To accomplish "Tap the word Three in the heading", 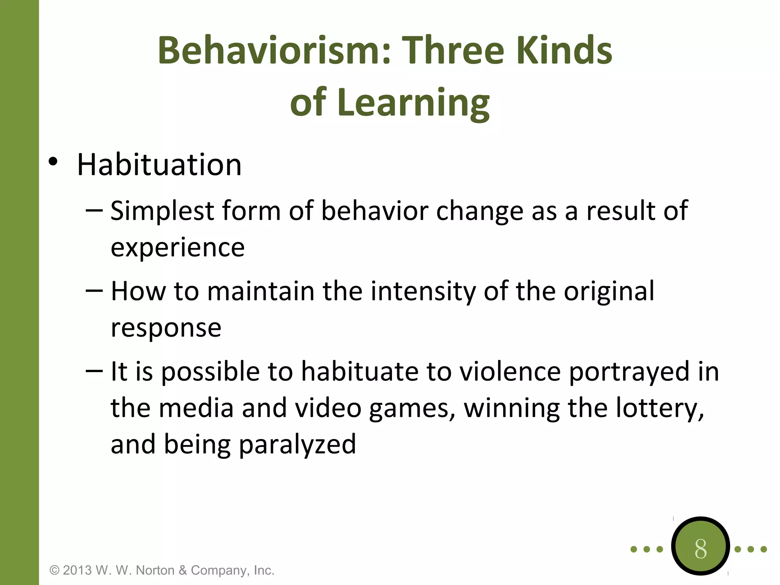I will (x=453, y=50).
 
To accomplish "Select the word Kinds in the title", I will (x=564, y=50).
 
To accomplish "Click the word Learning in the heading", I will (x=413, y=102).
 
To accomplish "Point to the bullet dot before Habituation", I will (x=53, y=162).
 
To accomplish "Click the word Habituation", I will (x=159, y=165).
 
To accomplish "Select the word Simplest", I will (x=162, y=211).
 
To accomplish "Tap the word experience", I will (x=177, y=248).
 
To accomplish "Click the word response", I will (x=166, y=328).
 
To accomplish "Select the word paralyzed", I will (x=297, y=444).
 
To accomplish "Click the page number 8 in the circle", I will (x=700, y=549).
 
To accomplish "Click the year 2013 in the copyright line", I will (x=77, y=570).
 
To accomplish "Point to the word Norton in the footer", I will (x=155, y=570).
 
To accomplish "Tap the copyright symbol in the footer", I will (x=54, y=570).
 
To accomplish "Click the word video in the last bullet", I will (x=328, y=408).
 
